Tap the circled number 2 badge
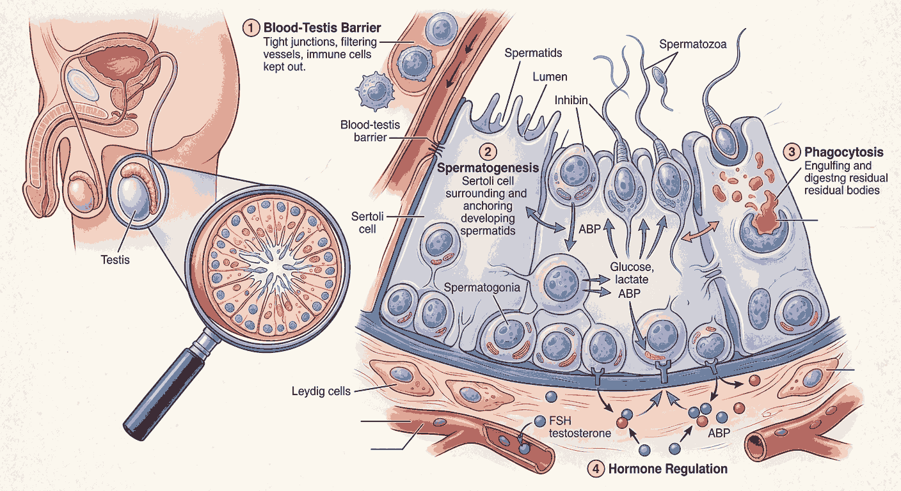coord(488,152)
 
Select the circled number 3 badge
coord(792,152)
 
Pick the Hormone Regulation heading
coord(667,469)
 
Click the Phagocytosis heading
coord(843,152)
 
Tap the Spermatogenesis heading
coord(488,168)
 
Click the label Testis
coord(115,260)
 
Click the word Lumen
coord(549,77)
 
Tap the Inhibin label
coord(571,100)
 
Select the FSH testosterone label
coord(580,427)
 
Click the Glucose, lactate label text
coord(633,273)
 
